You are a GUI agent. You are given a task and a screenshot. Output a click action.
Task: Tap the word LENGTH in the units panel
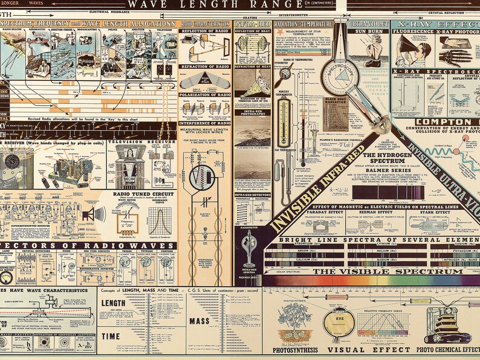[114, 303]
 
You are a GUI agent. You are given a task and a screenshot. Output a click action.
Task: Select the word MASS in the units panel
[199, 321]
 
